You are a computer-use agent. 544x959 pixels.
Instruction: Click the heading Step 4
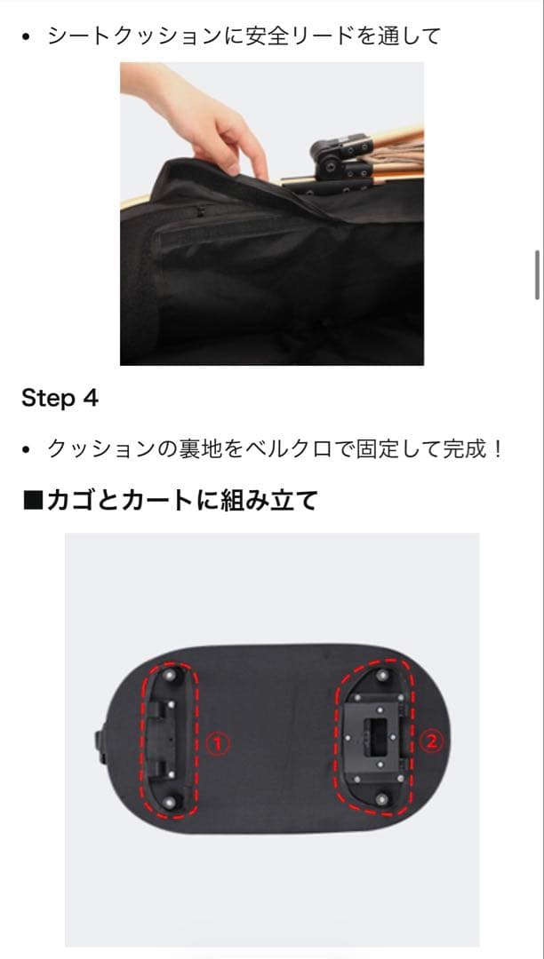coord(60,398)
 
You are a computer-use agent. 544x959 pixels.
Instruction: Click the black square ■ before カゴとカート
coord(32,501)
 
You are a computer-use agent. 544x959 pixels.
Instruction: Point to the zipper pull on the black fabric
coord(202,211)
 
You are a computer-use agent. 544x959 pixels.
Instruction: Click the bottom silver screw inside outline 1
coord(173,801)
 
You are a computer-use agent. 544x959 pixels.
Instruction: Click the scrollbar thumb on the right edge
coord(537,275)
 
